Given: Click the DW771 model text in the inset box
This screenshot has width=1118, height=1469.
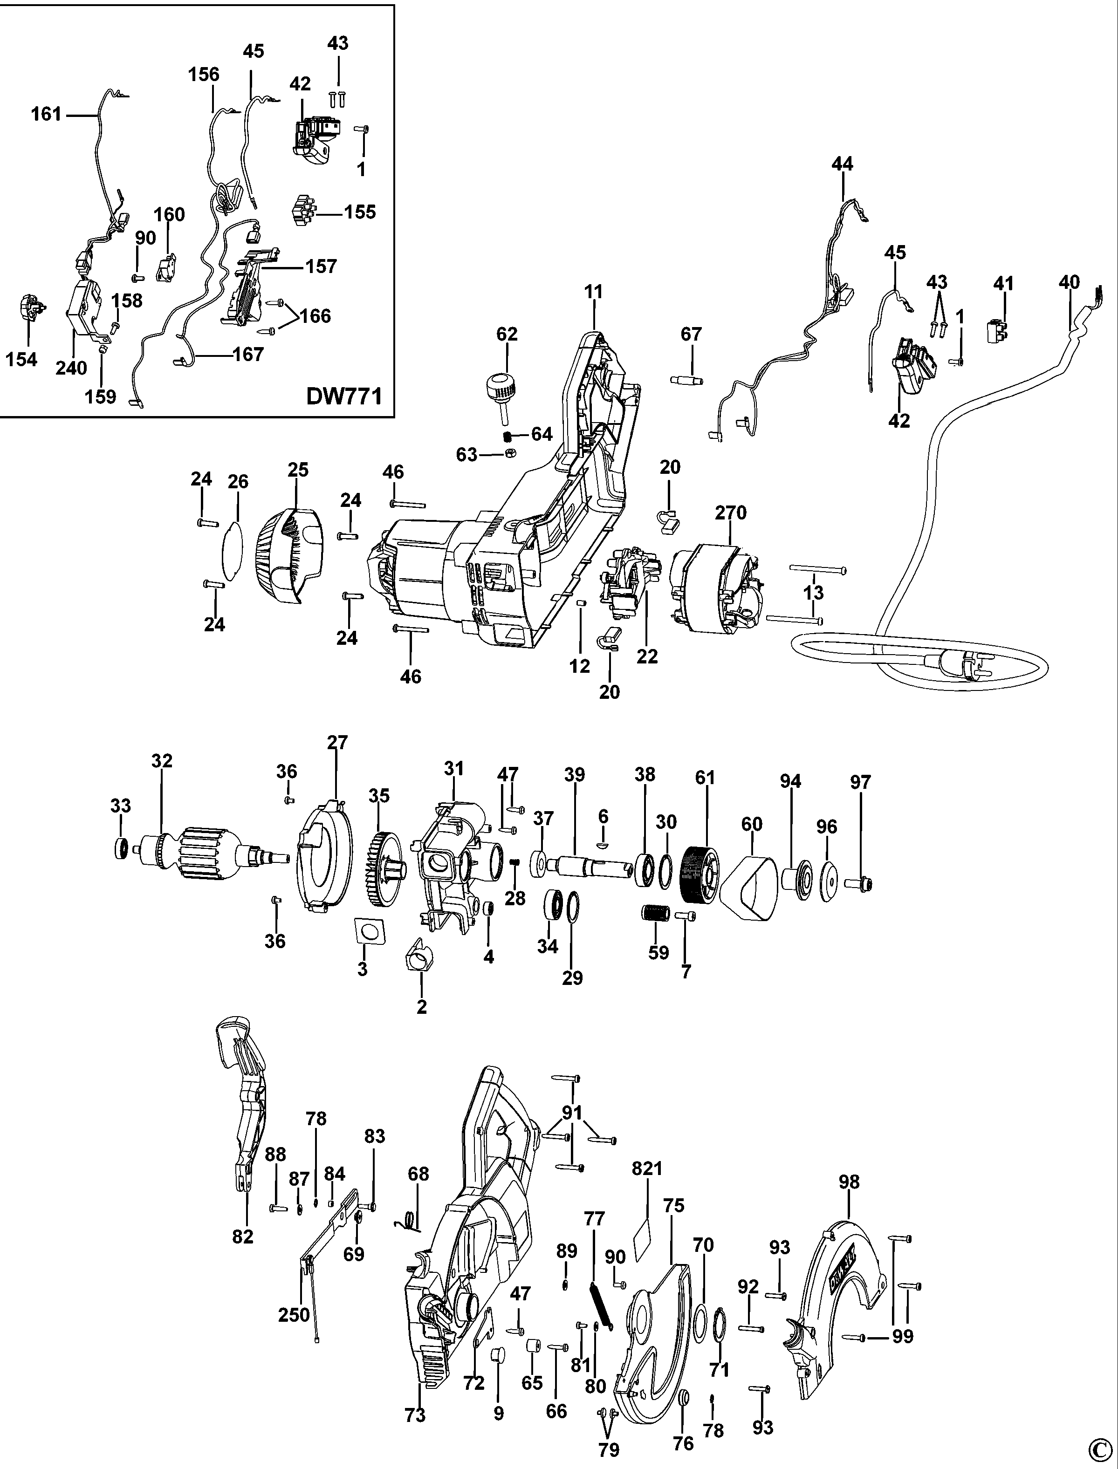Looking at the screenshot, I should (343, 396).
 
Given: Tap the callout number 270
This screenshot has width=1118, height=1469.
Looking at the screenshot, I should (730, 512).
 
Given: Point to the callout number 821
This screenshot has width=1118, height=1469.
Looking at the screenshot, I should (647, 1168).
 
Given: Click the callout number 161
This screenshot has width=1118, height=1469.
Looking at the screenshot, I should (46, 115).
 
